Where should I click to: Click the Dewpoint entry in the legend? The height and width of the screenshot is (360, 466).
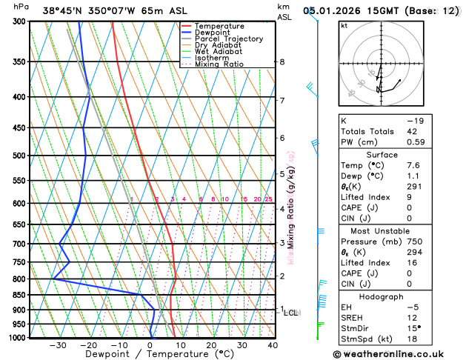tap(211, 33)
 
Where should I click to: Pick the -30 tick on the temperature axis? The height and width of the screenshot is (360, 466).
tap(58, 345)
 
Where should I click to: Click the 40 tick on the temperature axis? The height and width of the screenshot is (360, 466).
tap(273, 345)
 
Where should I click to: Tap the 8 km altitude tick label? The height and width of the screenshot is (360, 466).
tap(282, 61)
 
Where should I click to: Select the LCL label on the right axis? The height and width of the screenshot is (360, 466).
tap(291, 313)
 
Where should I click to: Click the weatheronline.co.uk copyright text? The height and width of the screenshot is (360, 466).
tap(388, 354)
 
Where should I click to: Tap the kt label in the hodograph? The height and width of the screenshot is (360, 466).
tap(344, 25)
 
